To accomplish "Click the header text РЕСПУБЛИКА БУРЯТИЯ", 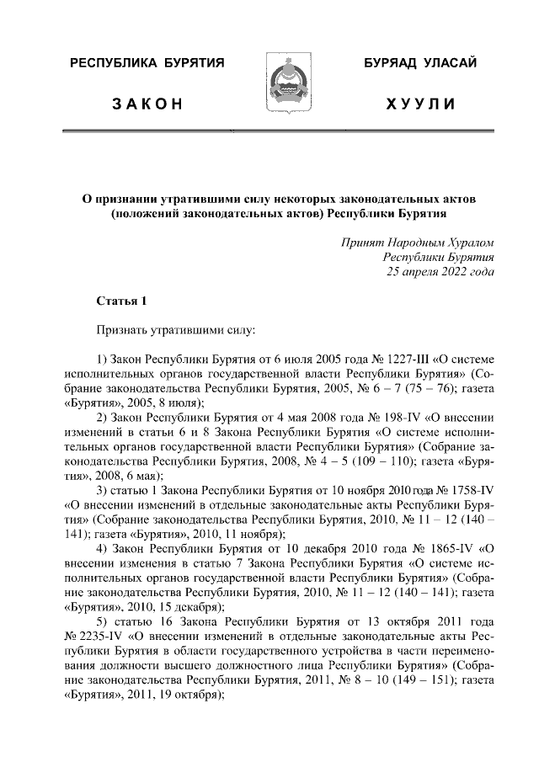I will point(147,64).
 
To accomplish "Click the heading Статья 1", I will point(121,301).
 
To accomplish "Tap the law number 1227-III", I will point(374,362).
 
